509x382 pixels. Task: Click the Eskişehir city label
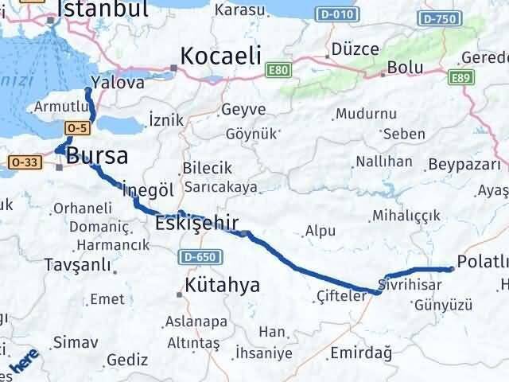[197, 223]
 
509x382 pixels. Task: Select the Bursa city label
[97, 155]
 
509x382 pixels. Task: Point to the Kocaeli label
[221, 57]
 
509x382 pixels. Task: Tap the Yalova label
[118, 83]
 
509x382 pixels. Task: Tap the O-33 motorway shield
[25, 162]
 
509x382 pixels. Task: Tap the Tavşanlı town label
[77, 265]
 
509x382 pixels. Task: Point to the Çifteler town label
[341, 296]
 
